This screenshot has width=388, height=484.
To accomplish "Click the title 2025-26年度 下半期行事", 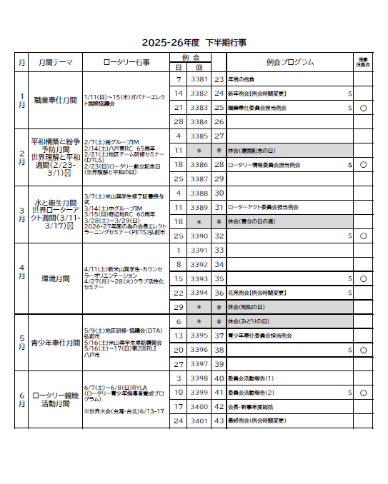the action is pyautogui.click(x=194, y=42).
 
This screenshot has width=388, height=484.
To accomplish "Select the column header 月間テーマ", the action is pyautogui.click(x=56, y=63).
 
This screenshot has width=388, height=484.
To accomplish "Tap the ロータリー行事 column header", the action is pyautogui.click(x=126, y=63).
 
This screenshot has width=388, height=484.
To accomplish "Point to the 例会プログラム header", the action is pyautogui.click(x=289, y=62).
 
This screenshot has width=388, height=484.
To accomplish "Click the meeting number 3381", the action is pyautogui.click(x=199, y=79).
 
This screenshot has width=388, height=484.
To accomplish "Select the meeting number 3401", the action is pyautogui.click(x=199, y=421).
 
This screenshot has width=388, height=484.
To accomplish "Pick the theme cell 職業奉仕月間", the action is pyautogui.click(x=56, y=100).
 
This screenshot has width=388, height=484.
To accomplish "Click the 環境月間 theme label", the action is pyautogui.click(x=56, y=278).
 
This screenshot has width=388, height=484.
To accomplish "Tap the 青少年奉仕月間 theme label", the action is pyautogui.click(x=56, y=342).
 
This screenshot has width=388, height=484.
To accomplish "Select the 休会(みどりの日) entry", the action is pyautogui.click(x=251, y=321).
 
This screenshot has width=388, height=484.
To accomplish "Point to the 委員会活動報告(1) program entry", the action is pyautogui.click(x=255, y=378).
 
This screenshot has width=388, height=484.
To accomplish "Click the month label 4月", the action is pyautogui.click(x=21, y=275).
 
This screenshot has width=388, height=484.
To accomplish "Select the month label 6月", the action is pyautogui.click(x=21, y=399).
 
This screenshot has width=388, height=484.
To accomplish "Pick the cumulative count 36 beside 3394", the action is pyautogui.click(x=219, y=293).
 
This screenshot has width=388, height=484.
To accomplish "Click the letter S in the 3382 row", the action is pyautogui.click(x=349, y=94).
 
